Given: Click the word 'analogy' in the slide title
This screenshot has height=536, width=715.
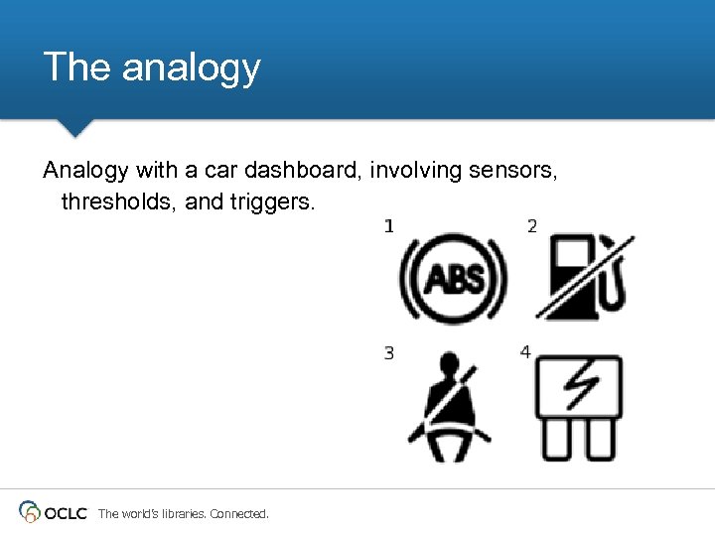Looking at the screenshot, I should point(191,67).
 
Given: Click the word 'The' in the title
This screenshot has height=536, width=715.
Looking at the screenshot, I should point(77,67).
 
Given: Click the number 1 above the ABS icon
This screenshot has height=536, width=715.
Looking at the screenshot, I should point(389,226).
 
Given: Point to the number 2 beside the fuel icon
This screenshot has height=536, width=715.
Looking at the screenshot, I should point(532,226).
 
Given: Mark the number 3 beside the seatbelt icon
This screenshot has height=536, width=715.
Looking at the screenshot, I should point(389,352).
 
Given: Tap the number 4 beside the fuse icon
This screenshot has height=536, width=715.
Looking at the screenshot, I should point(525,352).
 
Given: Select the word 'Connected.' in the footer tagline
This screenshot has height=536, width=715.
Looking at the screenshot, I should point(239,513).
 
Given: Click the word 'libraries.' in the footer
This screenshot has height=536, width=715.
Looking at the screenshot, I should point(181,513).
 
